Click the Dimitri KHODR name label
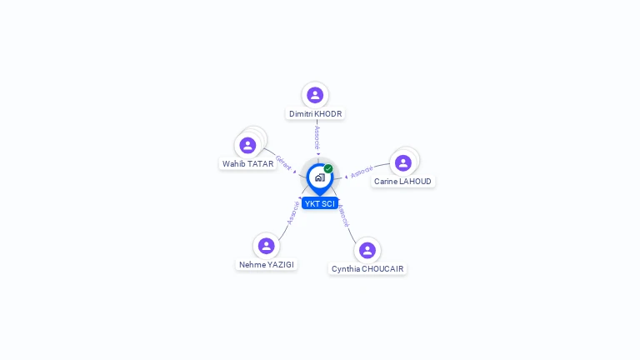tap(315, 113)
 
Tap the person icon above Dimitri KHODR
tap(315, 95)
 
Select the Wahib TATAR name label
tap(247, 163)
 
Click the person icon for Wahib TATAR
tap(247, 145)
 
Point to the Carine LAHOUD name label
tap(402, 181)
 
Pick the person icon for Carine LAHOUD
tap(403, 162)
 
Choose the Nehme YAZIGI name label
tap(267, 264)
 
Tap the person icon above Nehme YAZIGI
tap(267, 246)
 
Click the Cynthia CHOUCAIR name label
tap(367, 268)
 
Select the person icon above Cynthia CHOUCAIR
tap(367, 250)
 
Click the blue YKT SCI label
tap(320, 203)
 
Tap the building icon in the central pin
tap(319, 177)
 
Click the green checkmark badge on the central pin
tap(328, 168)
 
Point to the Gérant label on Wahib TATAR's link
tap(283, 162)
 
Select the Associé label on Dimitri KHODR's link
tap(317, 137)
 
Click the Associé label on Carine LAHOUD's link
tap(362, 172)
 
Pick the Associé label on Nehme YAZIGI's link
tap(292, 212)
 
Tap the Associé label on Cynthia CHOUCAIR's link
tap(343, 215)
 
